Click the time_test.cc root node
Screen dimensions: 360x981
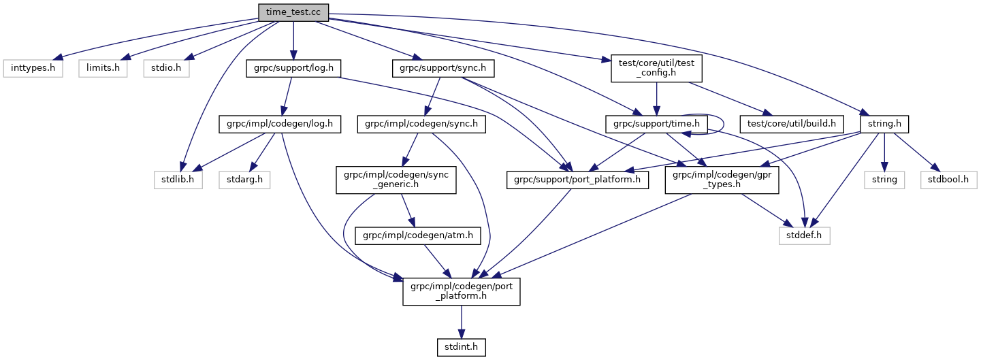(293, 12)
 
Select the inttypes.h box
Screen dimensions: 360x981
(33, 69)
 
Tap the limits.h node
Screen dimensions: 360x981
(102, 69)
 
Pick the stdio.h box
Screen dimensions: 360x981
(166, 69)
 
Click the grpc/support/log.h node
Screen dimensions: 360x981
(293, 69)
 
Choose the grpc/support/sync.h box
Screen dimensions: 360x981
(443, 69)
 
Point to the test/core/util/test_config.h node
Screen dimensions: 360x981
(656, 69)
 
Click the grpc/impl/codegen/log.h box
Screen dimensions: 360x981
(280, 125)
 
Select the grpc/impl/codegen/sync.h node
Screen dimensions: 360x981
(421, 125)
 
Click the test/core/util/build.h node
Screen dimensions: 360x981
(795, 125)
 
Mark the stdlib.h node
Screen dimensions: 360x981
(178, 180)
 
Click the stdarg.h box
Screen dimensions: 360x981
(244, 180)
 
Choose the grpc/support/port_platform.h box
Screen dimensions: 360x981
(577, 180)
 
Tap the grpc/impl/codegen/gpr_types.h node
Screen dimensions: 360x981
(713, 180)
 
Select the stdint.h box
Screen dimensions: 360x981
(462, 348)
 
